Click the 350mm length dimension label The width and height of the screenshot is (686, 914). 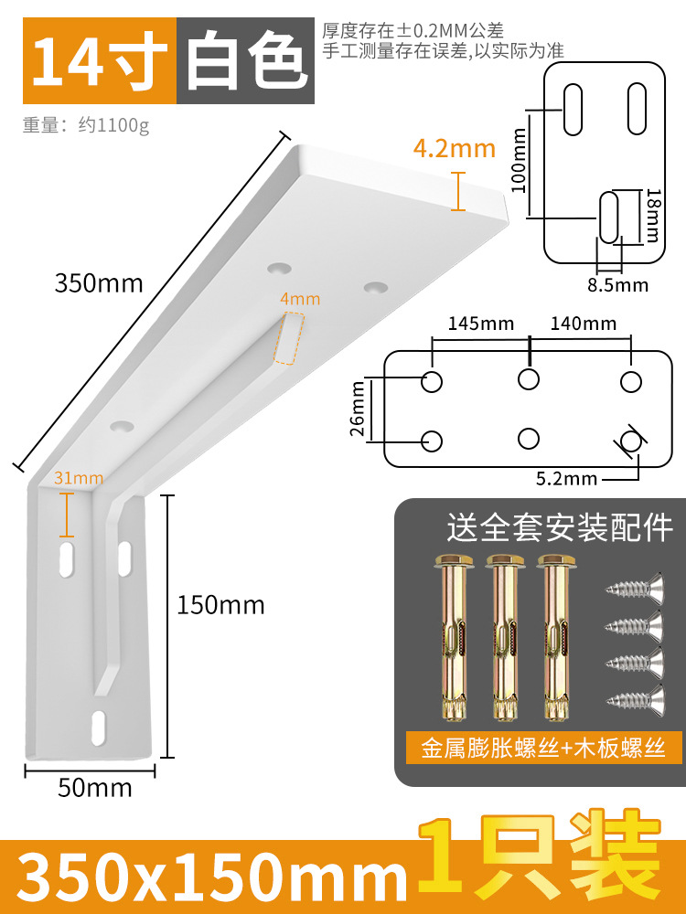[99, 283]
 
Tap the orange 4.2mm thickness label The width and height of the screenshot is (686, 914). [454, 147]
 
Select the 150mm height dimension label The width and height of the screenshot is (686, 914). [220, 605]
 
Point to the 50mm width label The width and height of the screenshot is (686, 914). [95, 787]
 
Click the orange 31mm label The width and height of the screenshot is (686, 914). [79, 477]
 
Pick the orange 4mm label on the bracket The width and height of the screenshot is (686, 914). [300, 299]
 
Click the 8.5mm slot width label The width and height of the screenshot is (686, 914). [617, 285]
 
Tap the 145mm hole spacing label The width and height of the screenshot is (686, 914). [480, 324]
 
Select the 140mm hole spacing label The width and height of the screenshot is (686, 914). [583, 324]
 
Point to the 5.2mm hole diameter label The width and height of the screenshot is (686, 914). [567, 478]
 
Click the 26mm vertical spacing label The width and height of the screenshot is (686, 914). [359, 409]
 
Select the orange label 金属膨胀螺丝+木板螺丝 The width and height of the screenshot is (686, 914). [544, 749]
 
